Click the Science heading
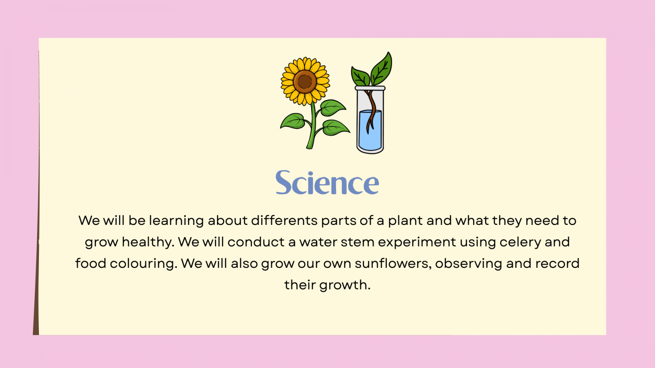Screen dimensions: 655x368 pos(327,182)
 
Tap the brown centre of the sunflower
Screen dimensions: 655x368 pos(305,81)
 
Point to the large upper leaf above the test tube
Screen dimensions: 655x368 pos(382,69)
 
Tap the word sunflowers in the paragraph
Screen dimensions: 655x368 pos(393,263)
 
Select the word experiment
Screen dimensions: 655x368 pos(417,242)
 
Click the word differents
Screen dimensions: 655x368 pos(284,220)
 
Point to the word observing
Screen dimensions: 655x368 pos(468,264)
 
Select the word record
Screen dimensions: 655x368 pos(557,263)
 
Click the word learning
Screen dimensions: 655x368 pos(176,221)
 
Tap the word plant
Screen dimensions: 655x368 pos(405,221)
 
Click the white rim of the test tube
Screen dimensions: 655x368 pos(370,88)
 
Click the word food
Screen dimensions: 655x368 pos(90,263)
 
